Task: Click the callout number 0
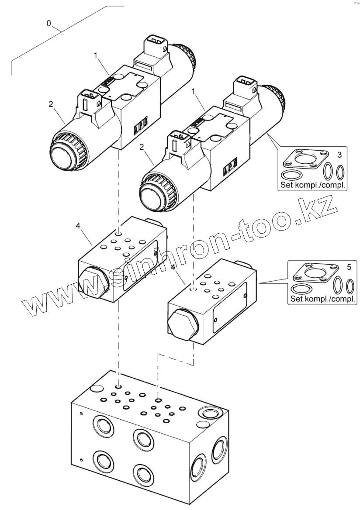tap(48, 23)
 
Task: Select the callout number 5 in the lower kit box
tap(348, 267)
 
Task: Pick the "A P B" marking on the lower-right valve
tap(229, 168)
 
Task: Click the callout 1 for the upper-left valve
tap(95, 55)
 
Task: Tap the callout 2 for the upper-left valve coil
tap(51, 104)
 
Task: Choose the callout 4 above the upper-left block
tap(78, 226)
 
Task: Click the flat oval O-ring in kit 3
tap(290, 176)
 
